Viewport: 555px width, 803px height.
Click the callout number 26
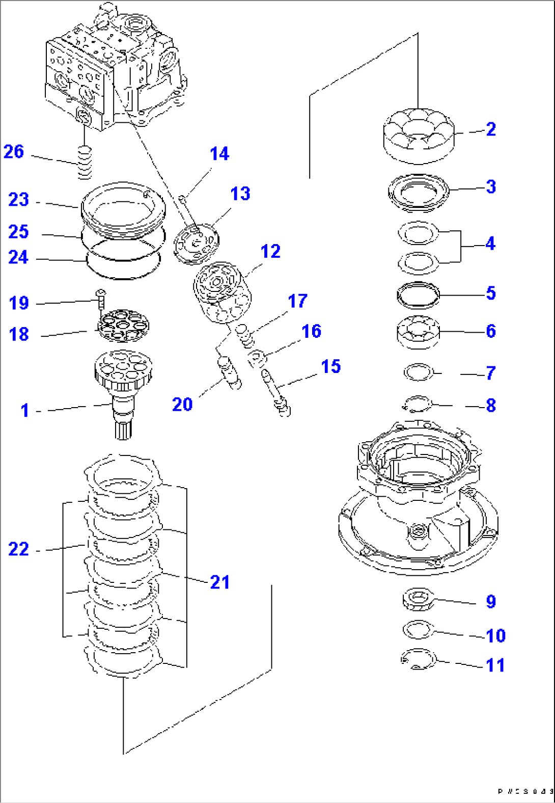(14, 152)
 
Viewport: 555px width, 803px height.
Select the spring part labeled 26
(85, 162)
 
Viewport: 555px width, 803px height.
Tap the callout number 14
(219, 154)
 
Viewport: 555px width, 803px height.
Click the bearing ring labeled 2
(419, 136)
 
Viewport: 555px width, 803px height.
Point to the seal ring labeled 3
(419, 193)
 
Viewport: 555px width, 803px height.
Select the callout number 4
(490, 244)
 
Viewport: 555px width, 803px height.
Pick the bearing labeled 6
(418, 332)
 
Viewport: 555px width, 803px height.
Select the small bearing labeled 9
(418, 599)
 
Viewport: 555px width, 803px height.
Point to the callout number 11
(495, 665)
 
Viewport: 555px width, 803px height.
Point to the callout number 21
(220, 582)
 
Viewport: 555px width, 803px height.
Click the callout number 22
(19, 549)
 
